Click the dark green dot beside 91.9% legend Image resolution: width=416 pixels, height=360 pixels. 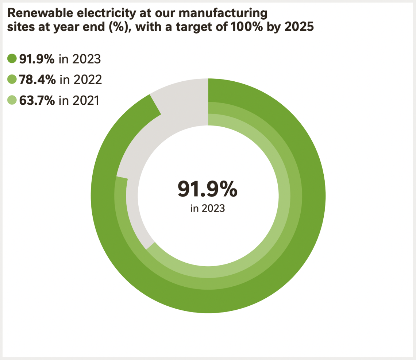click(x=12, y=58)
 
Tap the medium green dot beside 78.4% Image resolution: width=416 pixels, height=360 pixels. click(x=12, y=79)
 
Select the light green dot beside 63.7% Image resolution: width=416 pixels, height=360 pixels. click(x=12, y=100)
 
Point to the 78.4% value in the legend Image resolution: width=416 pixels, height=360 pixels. click(x=37, y=79)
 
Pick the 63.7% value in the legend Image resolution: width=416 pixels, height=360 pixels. click(x=37, y=100)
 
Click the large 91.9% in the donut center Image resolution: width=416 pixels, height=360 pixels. click(x=207, y=189)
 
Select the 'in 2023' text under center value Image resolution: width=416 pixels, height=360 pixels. click(x=207, y=209)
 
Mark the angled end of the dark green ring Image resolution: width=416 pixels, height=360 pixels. click(x=155, y=105)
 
